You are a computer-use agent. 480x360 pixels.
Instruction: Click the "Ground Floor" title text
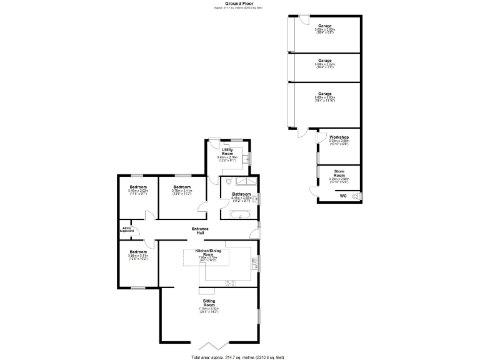pyautogui.click(x=239, y=4)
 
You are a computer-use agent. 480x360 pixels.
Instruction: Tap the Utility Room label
pyautogui.click(x=227, y=152)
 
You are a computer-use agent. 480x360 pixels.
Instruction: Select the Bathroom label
pyautogui.click(x=241, y=194)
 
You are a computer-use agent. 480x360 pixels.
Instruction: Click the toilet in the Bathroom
pyautogui.click(x=228, y=181)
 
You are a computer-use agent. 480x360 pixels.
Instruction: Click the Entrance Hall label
pyautogui.click(x=200, y=231)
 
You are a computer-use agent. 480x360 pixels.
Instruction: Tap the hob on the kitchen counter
pyautogui.click(x=230, y=282)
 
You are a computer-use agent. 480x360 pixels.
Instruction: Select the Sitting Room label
pyautogui.click(x=209, y=302)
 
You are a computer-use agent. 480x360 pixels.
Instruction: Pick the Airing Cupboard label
pyautogui.click(x=127, y=229)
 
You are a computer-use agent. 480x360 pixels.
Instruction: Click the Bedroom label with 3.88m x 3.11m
pyautogui.click(x=138, y=252)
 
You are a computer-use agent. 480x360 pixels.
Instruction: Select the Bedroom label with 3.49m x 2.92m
pyautogui.click(x=138, y=187)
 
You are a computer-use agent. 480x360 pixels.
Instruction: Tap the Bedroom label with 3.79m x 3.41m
pyautogui.click(x=182, y=187)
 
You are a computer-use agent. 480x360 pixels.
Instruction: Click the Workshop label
pyautogui.click(x=339, y=137)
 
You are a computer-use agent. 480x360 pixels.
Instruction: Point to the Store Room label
pyautogui.click(x=339, y=173)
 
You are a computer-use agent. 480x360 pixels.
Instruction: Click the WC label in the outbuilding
pyautogui.click(x=342, y=196)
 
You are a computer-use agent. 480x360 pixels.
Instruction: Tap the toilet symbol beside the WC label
pyautogui.click(x=356, y=196)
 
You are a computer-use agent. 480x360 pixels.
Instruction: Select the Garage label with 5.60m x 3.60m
pyautogui.click(x=324, y=94)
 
